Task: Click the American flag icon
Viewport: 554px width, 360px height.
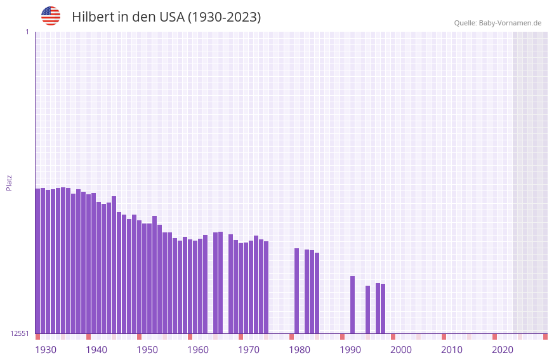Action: (x=51, y=16)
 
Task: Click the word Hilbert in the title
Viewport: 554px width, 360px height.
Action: (x=93, y=17)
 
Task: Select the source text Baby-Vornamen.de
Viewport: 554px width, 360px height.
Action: (x=510, y=23)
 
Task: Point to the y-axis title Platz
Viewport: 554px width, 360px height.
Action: (x=9, y=182)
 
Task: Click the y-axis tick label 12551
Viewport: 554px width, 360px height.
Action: (x=20, y=333)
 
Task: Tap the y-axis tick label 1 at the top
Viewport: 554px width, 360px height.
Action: (x=27, y=32)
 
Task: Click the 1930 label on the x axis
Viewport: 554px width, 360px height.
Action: (x=46, y=350)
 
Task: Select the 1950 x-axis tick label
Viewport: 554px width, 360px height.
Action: (x=147, y=350)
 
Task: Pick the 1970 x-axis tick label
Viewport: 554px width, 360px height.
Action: (x=249, y=350)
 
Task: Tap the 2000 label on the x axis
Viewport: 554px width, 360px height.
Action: (x=401, y=350)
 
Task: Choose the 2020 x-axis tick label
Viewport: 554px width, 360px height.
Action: (x=503, y=350)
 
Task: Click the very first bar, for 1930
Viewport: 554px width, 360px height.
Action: (x=37, y=260)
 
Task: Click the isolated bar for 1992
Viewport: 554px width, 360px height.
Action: (x=352, y=304)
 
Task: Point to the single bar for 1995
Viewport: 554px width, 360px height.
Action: (x=367, y=309)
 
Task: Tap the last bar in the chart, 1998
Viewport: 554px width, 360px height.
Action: (x=383, y=308)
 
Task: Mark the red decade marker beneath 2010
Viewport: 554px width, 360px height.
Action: (x=444, y=337)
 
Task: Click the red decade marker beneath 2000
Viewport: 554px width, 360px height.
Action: (x=393, y=337)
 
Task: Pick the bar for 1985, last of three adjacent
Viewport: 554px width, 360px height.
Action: (x=317, y=293)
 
